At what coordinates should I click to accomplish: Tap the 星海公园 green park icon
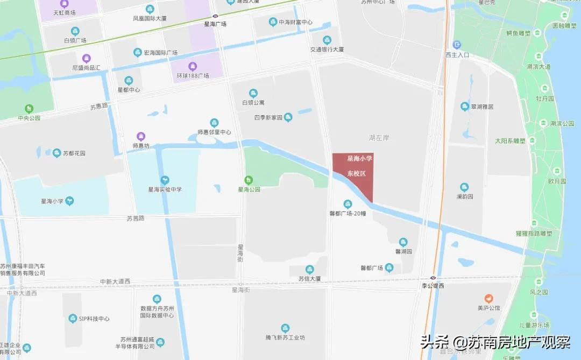249,180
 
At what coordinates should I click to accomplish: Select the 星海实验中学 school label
165,189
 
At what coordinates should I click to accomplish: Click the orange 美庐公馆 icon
488,298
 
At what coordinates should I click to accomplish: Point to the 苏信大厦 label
310,279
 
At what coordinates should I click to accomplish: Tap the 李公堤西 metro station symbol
433,278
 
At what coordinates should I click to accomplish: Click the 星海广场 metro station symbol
215,16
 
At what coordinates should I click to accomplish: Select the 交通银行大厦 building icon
327,40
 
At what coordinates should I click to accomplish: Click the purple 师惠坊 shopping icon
141,136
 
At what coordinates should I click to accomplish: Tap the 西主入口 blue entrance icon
457,45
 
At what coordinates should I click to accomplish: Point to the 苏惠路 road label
99,107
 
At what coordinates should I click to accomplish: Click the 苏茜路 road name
136,218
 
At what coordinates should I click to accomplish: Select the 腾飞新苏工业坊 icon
285,328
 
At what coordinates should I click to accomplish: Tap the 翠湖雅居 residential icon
465,106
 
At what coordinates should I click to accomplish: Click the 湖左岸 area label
379,138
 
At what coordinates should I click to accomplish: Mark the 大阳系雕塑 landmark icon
532,141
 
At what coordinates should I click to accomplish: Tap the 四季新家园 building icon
288,117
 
